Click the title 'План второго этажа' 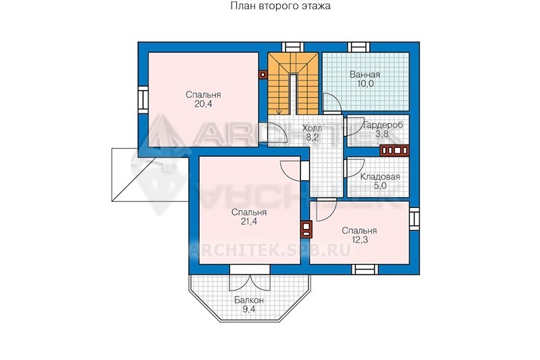point(280,6)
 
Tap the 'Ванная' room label point(365,74)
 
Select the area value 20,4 point(203,104)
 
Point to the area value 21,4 point(248,222)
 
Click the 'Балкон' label point(249,300)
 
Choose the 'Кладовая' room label point(380,177)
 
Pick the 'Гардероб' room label point(383,125)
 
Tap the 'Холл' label point(313,128)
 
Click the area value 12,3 point(360,240)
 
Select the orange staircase point(293,84)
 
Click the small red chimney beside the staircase point(263,74)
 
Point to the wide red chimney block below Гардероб point(394,151)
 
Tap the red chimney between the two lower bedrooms point(306,229)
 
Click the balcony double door point(250,282)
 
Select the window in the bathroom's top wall point(358,47)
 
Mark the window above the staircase point(293,47)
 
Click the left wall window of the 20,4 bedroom point(143,99)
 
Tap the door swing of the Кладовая point(354,168)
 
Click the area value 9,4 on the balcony point(249,309)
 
